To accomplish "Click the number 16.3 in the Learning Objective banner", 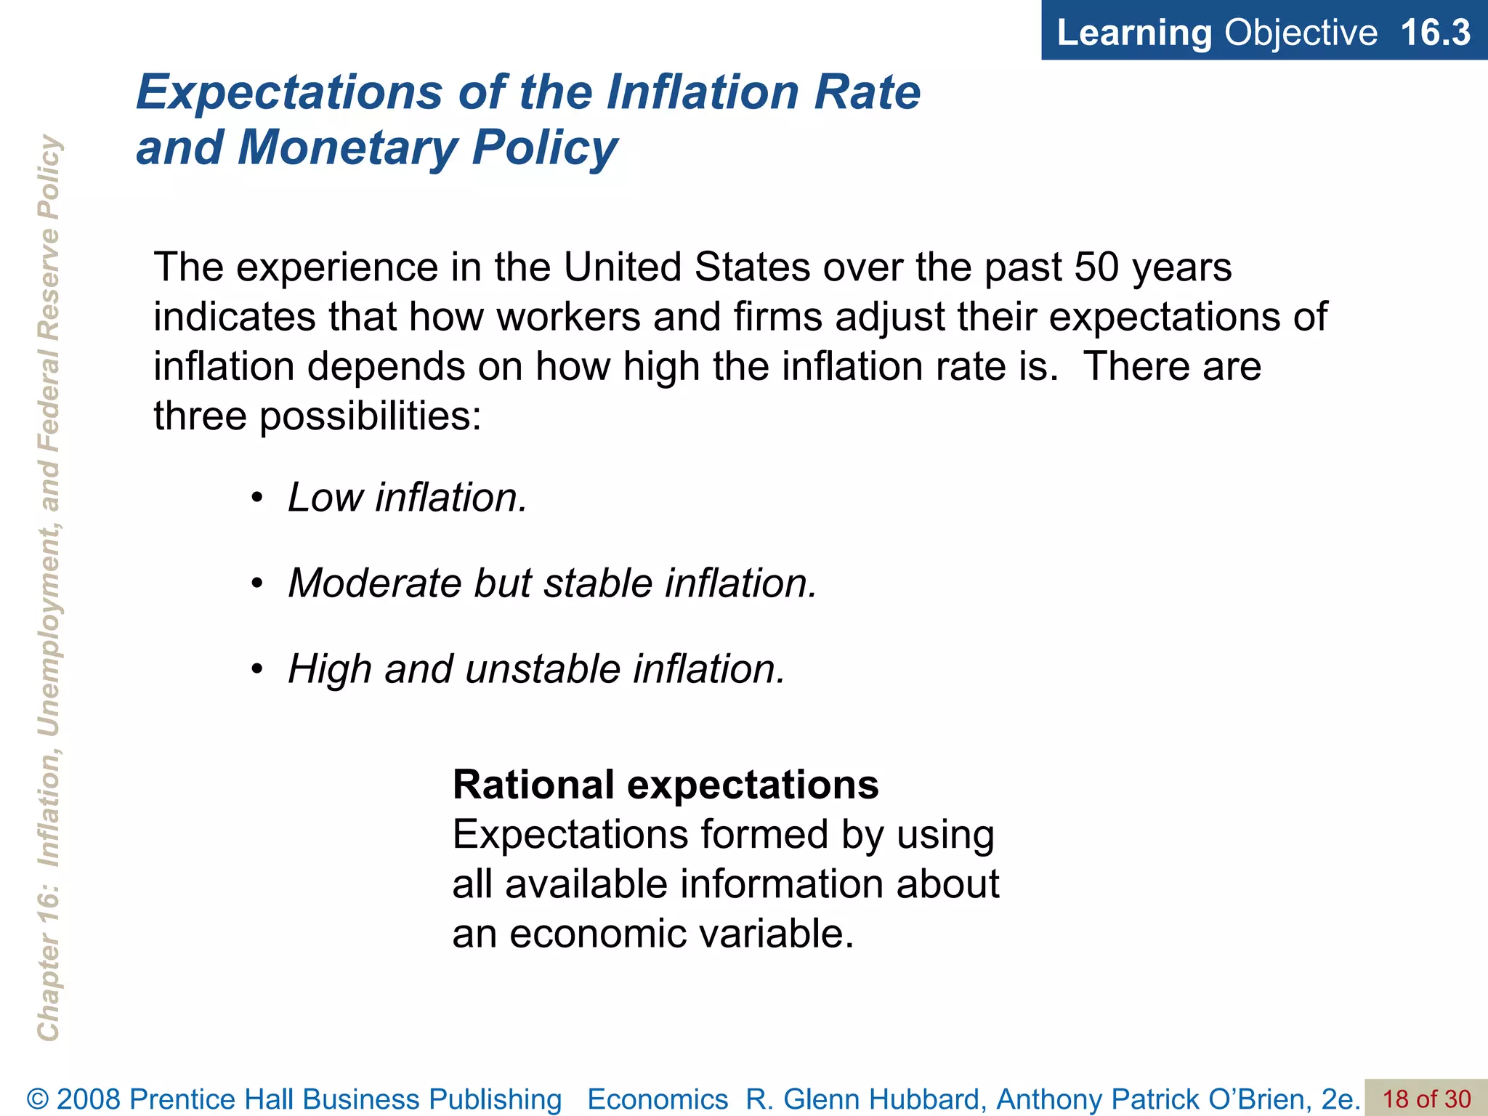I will [x=1434, y=33].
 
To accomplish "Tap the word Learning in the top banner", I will [x=1133, y=33].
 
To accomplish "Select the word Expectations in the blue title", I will [x=289, y=92].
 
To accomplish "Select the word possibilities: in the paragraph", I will [x=371, y=416].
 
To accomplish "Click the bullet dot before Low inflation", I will [x=256, y=498].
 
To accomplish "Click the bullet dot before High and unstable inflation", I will [x=256, y=670].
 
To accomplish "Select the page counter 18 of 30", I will [x=1426, y=1099].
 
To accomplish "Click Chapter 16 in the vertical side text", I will [x=49, y=974].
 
